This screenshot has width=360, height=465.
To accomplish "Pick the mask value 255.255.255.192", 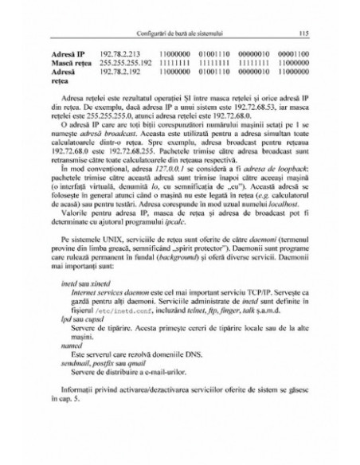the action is pos(127,62).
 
